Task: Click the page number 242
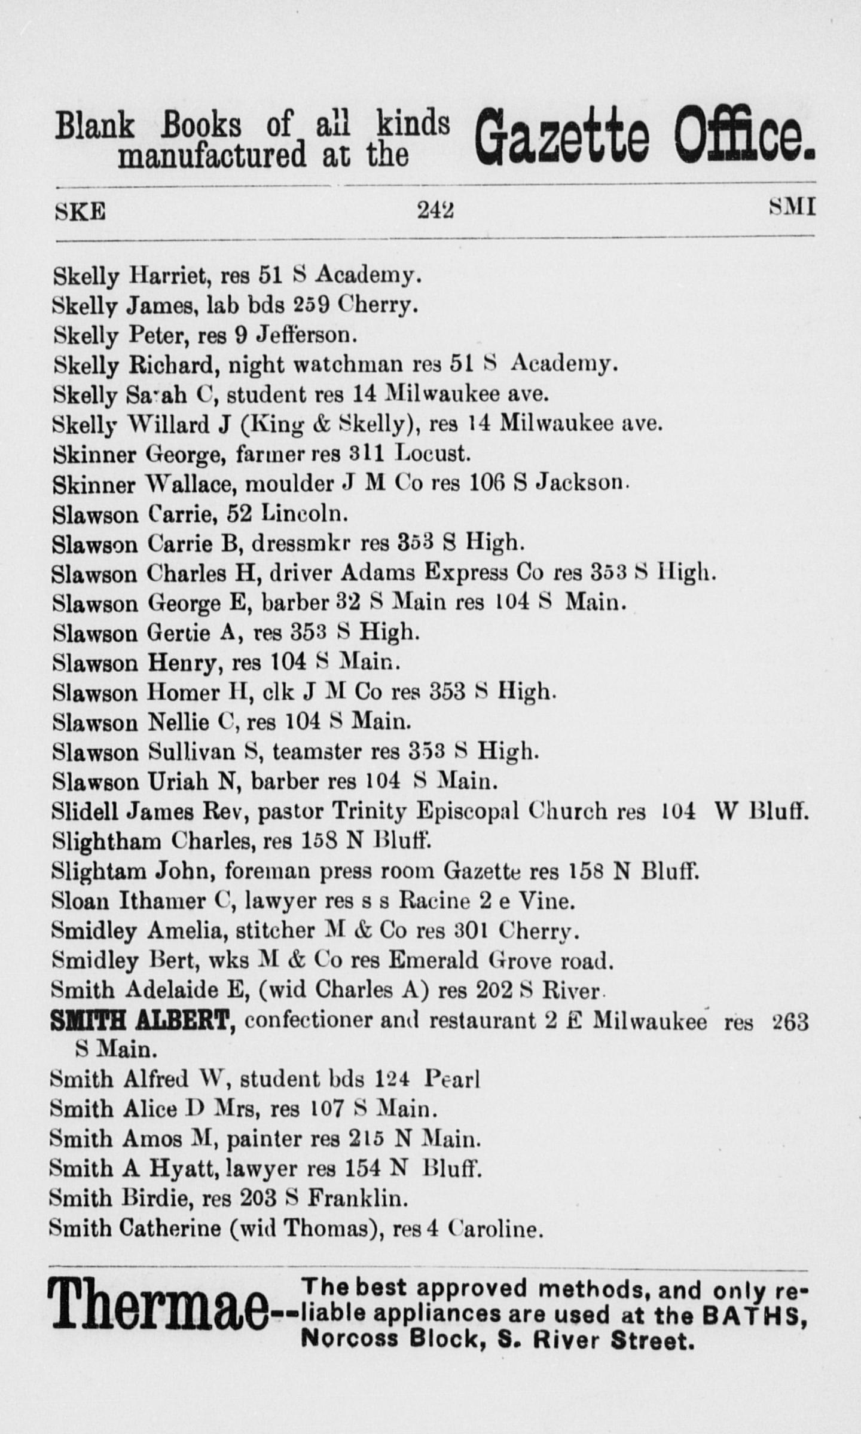click(435, 210)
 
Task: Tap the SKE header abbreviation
click(80, 211)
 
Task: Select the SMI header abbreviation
click(792, 207)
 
